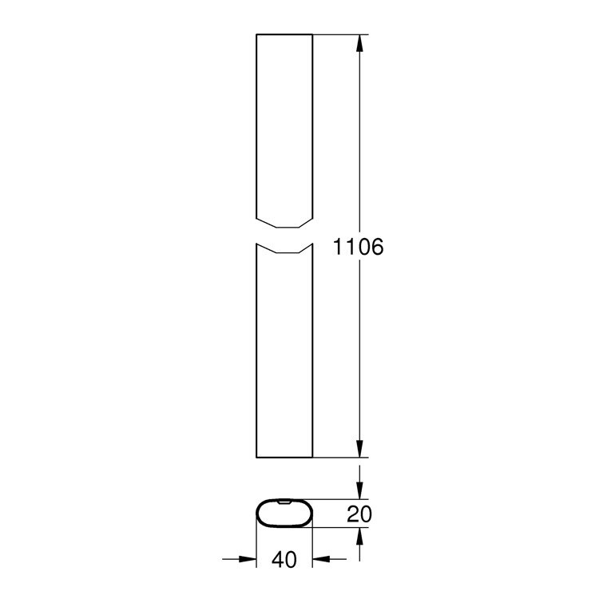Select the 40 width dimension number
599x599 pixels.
pyautogui.click(x=284, y=561)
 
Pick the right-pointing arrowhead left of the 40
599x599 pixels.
pyautogui.click(x=247, y=560)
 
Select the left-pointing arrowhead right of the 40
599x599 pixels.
pyautogui.click(x=320, y=560)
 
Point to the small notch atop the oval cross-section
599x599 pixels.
pyautogui.click(x=284, y=501)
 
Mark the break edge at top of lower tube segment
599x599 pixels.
pyautogui.click(x=284, y=250)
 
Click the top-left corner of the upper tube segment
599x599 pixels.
pyautogui.click(x=256, y=34)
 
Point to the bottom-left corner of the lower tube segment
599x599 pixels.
pyautogui.click(x=256, y=457)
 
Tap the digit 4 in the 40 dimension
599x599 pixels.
pyautogui.click(x=276, y=561)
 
